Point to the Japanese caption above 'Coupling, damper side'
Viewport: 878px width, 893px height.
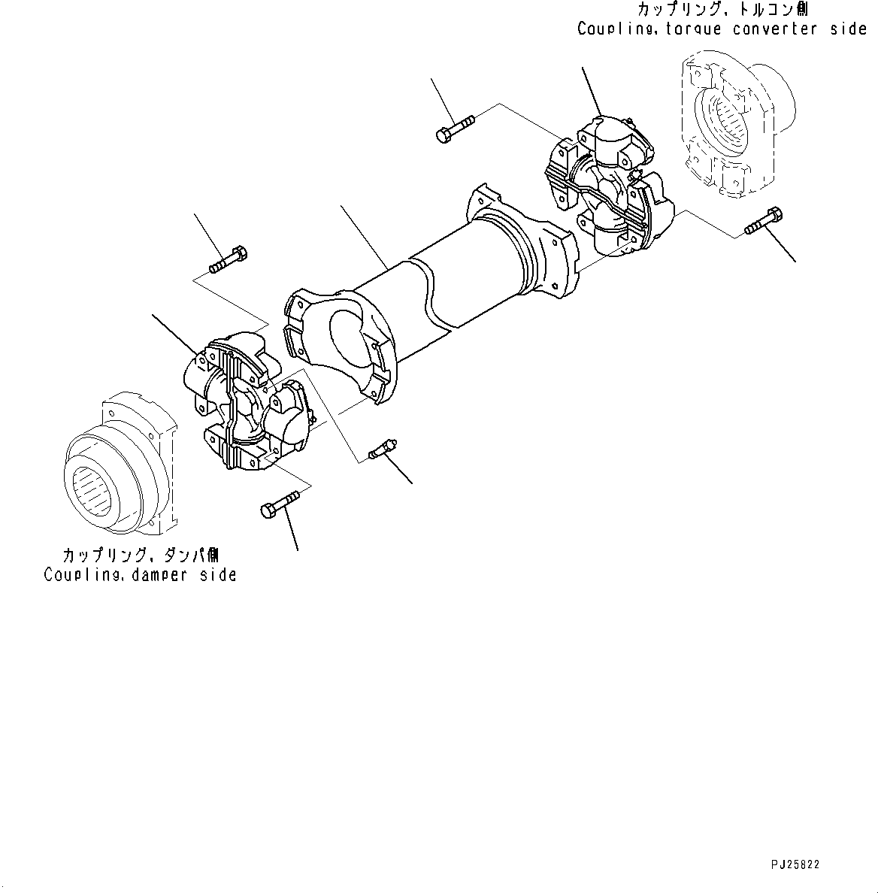140,555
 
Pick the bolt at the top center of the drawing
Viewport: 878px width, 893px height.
454,128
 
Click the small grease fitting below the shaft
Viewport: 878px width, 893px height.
383,449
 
